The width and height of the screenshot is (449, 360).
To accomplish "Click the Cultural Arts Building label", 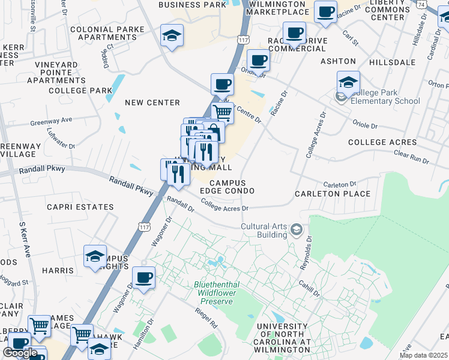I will pyautogui.click(x=264, y=230).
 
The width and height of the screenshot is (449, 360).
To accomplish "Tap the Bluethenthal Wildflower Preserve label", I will pyautogui.click(x=213, y=293).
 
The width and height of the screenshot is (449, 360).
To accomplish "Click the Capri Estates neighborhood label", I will pyautogui.click(x=80, y=207).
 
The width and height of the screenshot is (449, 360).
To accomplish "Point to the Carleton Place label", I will pyautogui.click(x=332, y=194).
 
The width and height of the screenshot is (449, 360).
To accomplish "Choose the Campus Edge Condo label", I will pyautogui.click(x=228, y=187).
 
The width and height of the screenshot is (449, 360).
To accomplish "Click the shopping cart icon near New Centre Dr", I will pyautogui.click(x=223, y=112).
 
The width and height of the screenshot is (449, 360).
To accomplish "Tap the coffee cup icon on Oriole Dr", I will pyautogui.click(x=258, y=60).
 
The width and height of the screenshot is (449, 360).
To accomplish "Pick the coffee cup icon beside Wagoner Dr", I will pyautogui.click(x=143, y=277).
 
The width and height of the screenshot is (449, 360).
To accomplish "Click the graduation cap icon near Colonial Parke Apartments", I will pyautogui.click(x=172, y=35).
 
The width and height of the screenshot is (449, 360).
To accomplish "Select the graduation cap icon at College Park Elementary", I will pyautogui.click(x=348, y=82).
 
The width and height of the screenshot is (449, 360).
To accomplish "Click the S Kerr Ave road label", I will pyautogui.click(x=25, y=239).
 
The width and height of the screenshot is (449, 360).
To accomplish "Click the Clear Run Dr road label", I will pyautogui.click(x=412, y=158).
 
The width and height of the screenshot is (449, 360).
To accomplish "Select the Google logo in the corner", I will pyautogui.click(x=20, y=353).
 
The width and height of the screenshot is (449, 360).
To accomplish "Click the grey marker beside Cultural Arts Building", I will pyautogui.click(x=296, y=230).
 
